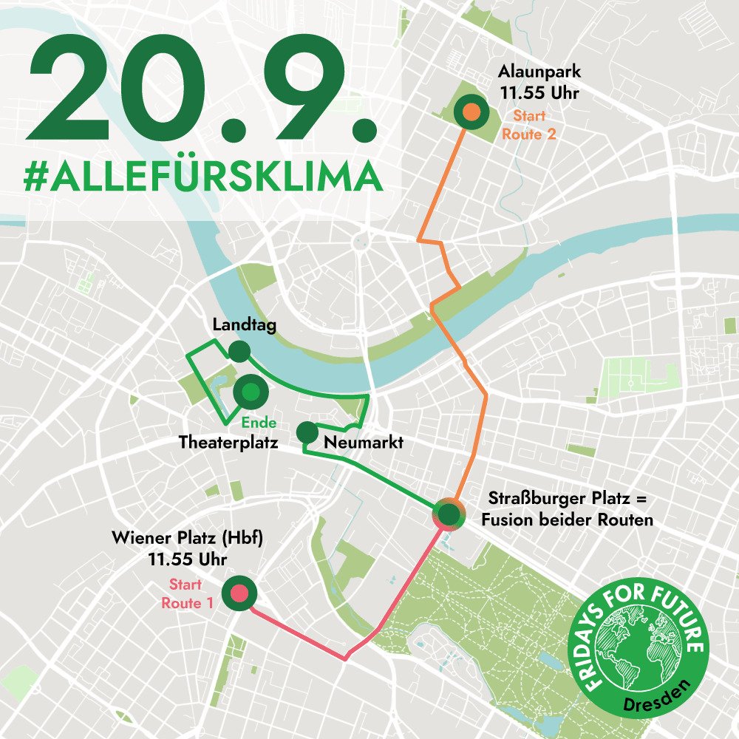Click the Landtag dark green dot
click(239, 351)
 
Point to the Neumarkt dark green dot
click(307, 432)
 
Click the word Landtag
click(244, 325)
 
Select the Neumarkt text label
click(364, 443)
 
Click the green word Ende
click(259, 423)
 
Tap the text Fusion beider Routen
click(567, 520)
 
